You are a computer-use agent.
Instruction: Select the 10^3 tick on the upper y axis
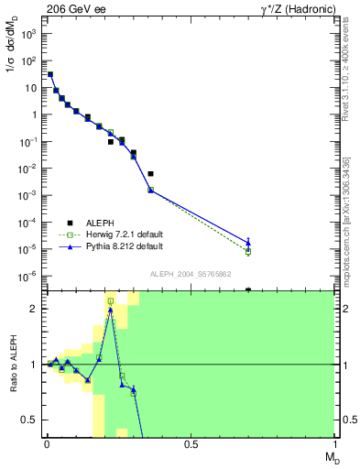tap(28, 34)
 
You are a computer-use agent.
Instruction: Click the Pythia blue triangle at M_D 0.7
tap(248, 243)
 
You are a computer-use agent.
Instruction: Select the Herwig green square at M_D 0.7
tap(248, 252)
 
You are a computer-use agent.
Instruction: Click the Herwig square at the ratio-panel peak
tap(111, 300)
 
